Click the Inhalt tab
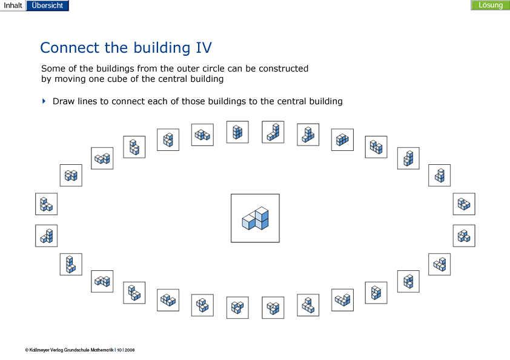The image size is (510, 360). pyautogui.click(x=13, y=5)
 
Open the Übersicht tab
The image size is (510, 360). pyautogui.click(x=47, y=5)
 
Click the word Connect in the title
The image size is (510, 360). pyautogui.click(x=70, y=47)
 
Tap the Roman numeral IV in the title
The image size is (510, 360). pyautogui.click(x=204, y=47)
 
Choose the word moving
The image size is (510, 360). pyautogui.click(x=70, y=79)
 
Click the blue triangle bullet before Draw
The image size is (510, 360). pyautogui.click(x=44, y=101)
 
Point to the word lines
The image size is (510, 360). pyautogui.click(x=87, y=101)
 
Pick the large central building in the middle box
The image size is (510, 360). pyautogui.click(x=256, y=218)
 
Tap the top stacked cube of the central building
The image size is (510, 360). pyautogui.click(x=262, y=213)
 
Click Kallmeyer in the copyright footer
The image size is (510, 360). pyautogui.click(x=39, y=350)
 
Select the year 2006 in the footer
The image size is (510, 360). pyautogui.click(x=130, y=350)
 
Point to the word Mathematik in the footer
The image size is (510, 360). pyautogui.click(x=102, y=350)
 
